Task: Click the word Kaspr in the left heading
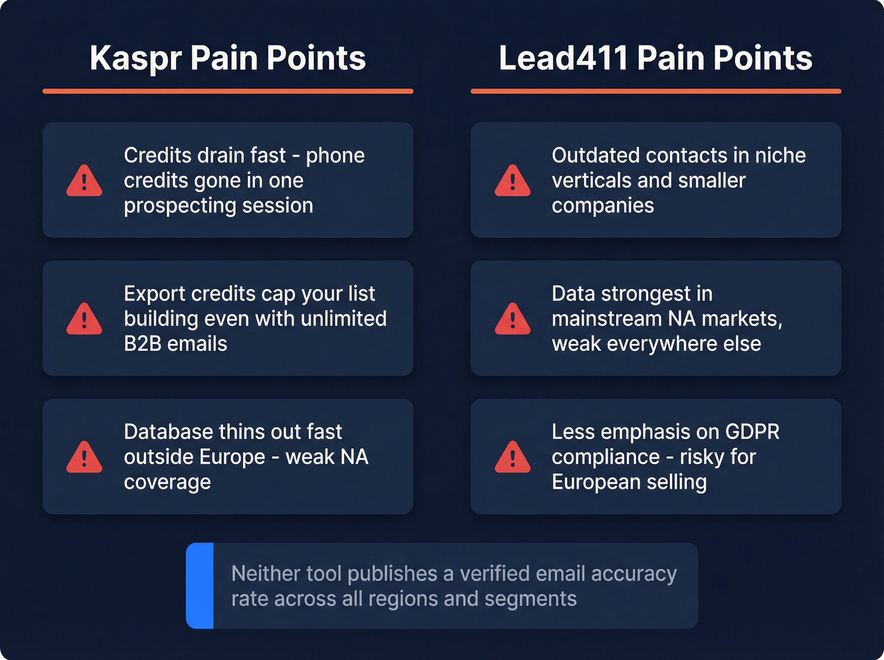[x=135, y=58]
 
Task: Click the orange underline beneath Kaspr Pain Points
[x=228, y=92]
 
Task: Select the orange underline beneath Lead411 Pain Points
[x=655, y=92]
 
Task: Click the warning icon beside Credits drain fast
[x=84, y=181]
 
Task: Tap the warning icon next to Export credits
[x=84, y=319]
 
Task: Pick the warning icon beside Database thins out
[x=84, y=457]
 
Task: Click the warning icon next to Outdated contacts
[x=512, y=181]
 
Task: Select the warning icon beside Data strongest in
[x=512, y=319]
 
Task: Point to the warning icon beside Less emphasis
[x=512, y=457]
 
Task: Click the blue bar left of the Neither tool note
[x=200, y=585]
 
